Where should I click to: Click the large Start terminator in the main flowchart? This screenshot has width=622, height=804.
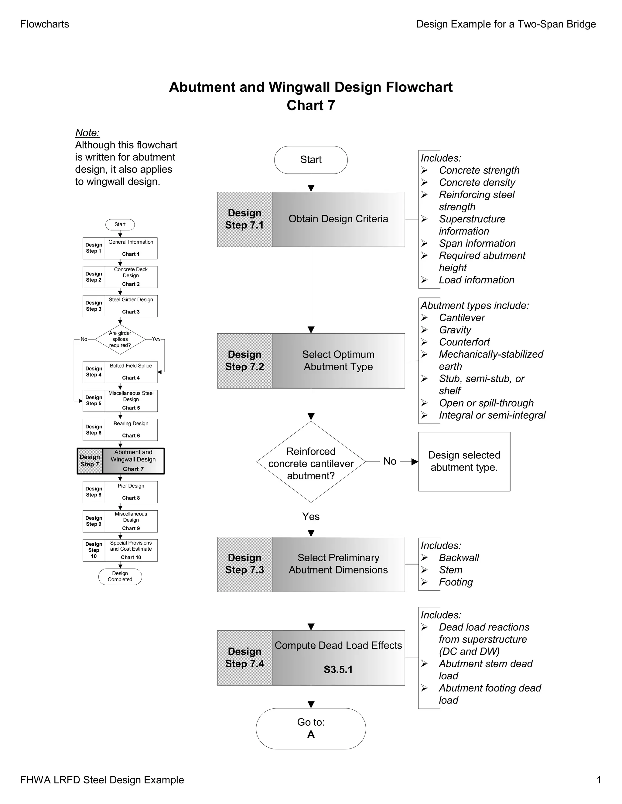(311, 160)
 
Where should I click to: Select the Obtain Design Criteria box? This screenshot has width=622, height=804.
(338, 219)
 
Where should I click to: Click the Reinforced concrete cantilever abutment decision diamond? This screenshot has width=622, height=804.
(311, 462)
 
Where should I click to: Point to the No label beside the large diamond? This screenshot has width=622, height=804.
(389, 461)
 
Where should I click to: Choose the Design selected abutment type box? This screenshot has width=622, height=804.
(464, 461)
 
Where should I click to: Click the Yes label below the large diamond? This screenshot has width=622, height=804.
(311, 516)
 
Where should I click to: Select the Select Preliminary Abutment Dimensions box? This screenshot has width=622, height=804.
(338, 564)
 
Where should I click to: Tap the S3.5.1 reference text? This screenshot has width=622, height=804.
(338, 669)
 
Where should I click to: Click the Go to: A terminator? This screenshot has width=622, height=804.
(311, 728)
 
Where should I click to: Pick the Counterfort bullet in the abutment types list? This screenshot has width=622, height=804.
(464, 342)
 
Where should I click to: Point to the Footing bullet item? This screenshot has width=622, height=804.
(456, 582)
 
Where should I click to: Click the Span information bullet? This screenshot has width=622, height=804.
(477, 243)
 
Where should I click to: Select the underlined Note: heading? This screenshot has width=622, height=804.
(87, 133)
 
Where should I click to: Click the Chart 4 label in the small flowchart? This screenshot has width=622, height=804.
(131, 378)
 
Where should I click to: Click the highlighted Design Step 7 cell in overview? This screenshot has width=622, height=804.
(90, 461)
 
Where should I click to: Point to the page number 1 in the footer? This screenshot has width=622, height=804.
(598, 780)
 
